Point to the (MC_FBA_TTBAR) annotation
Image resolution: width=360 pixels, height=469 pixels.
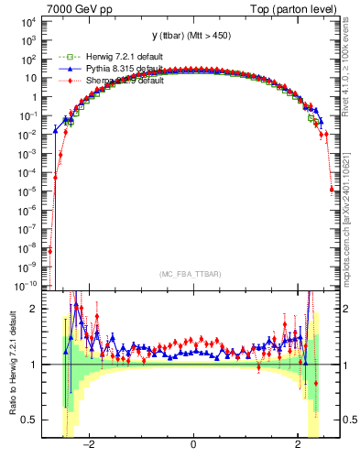[x=192, y=274]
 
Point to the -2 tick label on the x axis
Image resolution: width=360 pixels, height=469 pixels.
[x=88, y=446]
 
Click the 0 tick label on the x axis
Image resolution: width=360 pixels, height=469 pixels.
[x=193, y=446]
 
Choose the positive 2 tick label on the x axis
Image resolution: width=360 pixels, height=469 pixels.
[x=298, y=446]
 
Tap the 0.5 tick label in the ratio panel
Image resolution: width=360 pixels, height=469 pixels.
[x=27, y=420]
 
